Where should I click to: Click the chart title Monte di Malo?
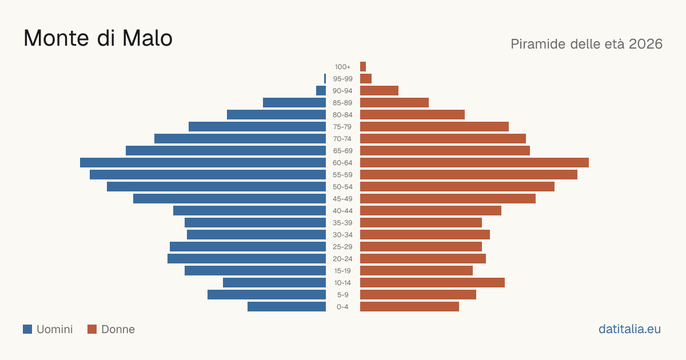point(98,38)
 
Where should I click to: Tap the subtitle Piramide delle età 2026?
point(587,44)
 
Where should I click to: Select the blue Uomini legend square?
point(27,329)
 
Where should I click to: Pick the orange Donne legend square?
point(92,329)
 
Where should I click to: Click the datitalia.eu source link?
point(629,329)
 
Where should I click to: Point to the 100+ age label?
point(342,67)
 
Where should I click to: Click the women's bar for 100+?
point(363,66)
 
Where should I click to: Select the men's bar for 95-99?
point(325,79)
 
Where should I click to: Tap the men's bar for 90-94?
point(321,91)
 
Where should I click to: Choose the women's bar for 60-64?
point(474,162)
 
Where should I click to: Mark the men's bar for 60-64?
point(203,162)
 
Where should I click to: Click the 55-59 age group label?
point(342,175)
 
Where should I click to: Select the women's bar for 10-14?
point(432,282)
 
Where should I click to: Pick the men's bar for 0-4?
point(286,306)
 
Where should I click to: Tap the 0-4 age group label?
point(342,307)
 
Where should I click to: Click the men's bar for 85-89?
point(294,102)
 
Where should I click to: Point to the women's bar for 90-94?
point(379,91)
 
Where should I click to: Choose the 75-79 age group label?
point(342,127)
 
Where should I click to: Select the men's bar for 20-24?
point(246,259)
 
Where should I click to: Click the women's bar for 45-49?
point(448,199)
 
